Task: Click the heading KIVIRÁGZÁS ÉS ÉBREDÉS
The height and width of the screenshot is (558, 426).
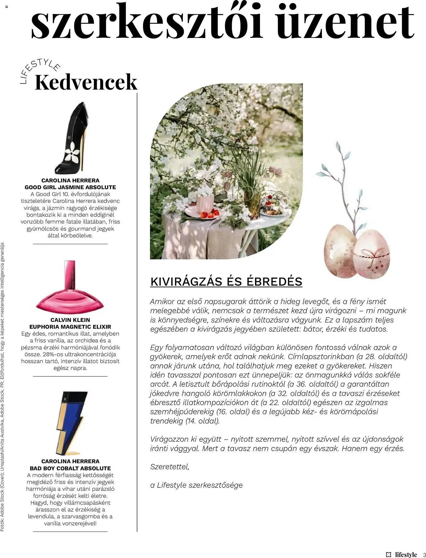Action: point(226,282)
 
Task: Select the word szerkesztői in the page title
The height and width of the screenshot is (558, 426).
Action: point(146,22)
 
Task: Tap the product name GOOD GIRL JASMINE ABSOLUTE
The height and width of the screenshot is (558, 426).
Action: point(70,187)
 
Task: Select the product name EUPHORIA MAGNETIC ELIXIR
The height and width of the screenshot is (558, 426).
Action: point(70,326)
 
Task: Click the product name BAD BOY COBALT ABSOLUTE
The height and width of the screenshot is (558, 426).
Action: point(70,468)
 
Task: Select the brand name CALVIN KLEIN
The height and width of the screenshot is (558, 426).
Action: point(70,320)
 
